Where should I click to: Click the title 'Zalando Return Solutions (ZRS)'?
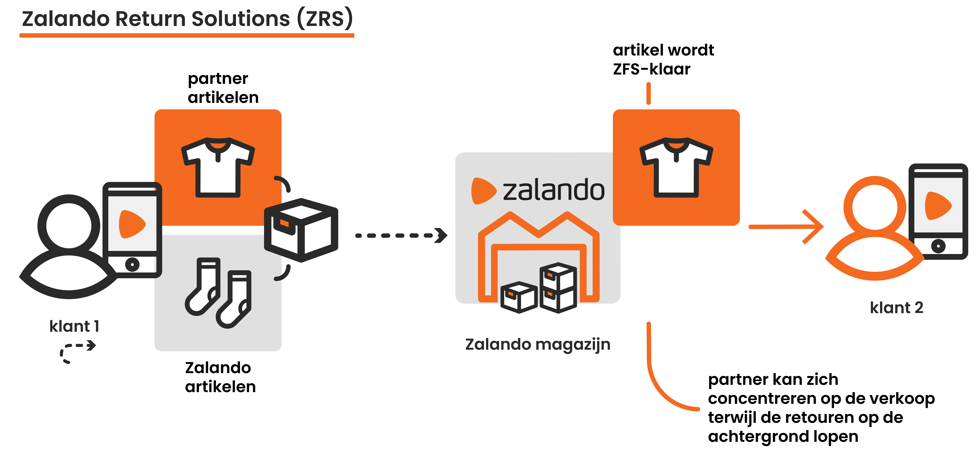[x=187, y=19]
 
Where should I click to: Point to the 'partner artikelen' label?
[x=223, y=88]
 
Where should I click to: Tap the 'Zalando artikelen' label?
[x=220, y=377]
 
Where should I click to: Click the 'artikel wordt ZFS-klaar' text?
[x=663, y=60]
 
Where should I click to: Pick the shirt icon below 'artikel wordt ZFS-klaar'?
[x=676, y=167]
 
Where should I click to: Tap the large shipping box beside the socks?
[x=301, y=229]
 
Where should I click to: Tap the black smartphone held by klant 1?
[x=132, y=229]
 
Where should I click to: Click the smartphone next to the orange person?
[x=938, y=211]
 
